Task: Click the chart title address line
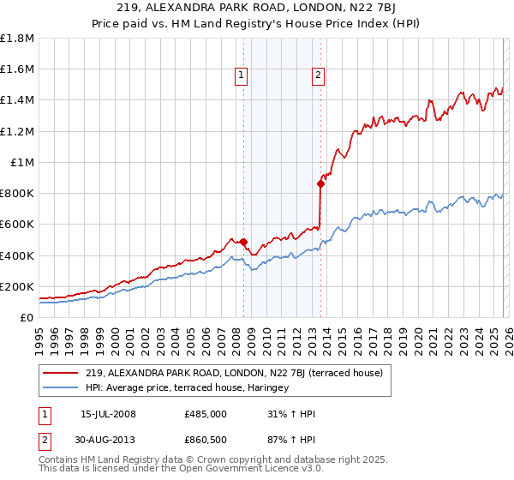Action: (x=256, y=9)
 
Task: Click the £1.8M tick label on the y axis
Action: (x=17, y=39)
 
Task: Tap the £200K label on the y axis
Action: (x=17, y=286)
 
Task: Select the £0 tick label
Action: (x=27, y=317)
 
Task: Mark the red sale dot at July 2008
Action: (x=243, y=242)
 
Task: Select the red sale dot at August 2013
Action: (x=320, y=183)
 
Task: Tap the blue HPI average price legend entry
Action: (x=188, y=387)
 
